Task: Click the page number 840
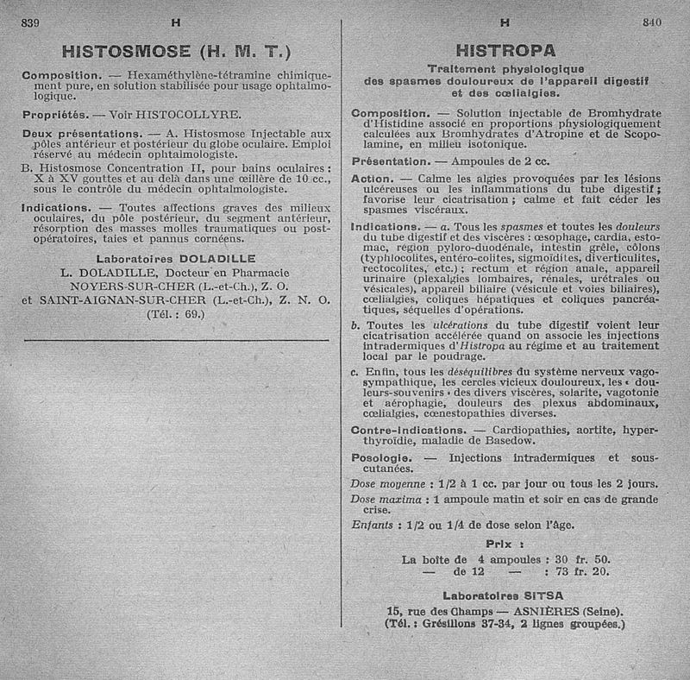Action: pos(652,23)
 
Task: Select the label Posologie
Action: pos(383,456)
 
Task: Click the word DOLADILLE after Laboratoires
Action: pos(216,257)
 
